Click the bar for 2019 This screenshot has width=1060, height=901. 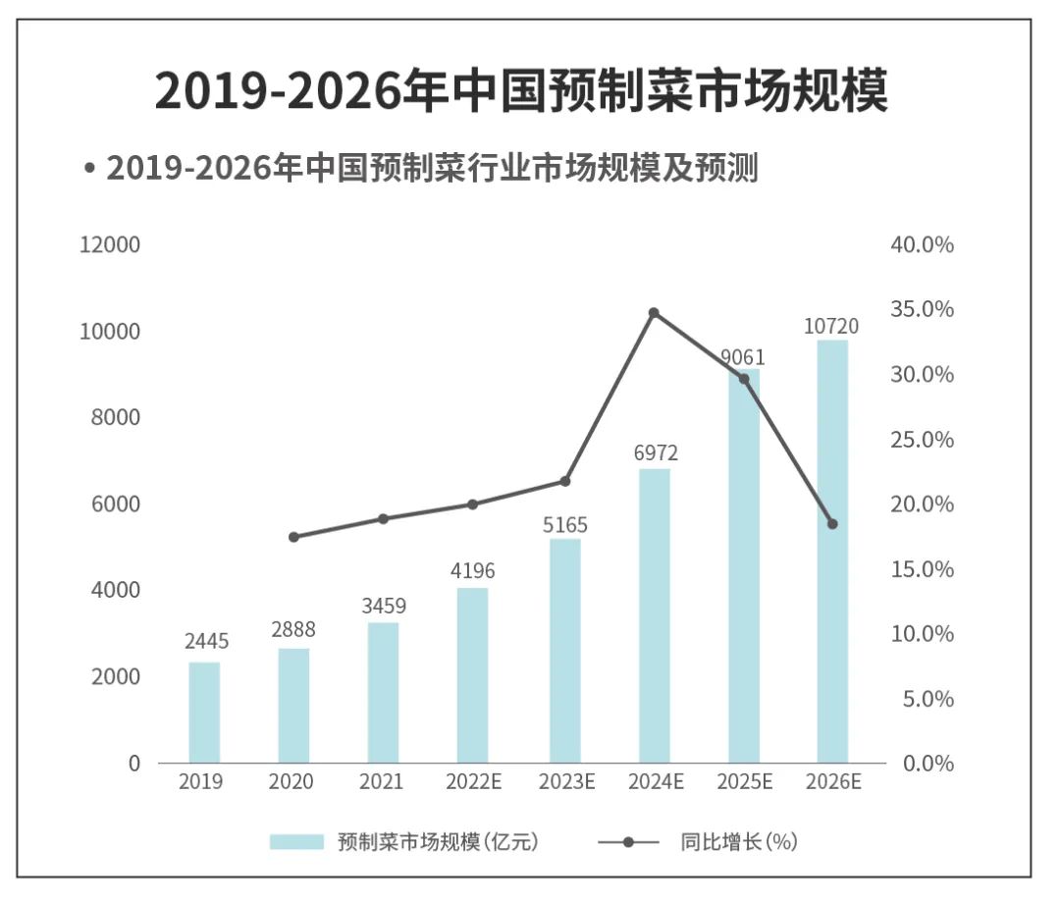click(204, 713)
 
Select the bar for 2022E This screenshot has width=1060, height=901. click(472, 675)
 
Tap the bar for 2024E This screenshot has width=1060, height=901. click(654, 615)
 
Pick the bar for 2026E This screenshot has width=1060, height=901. click(832, 552)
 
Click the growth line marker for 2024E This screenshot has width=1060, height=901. click(654, 313)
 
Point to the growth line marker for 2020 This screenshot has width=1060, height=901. click(293, 537)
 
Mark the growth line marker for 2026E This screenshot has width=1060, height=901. click(832, 524)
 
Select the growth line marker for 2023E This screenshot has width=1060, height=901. click(564, 481)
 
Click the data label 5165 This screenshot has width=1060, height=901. click(564, 525)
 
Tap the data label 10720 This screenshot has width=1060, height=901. click(831, 326)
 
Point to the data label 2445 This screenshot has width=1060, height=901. click(206, 642)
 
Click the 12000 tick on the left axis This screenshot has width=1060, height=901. click(110, 244)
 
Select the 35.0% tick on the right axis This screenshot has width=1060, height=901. click(922, 309)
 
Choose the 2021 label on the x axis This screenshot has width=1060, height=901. click(381, 782)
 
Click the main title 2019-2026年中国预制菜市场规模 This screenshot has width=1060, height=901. click(521, 92)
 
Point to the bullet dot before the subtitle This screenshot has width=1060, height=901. click(89, 169)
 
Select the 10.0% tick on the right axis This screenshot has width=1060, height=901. click(922, 634)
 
